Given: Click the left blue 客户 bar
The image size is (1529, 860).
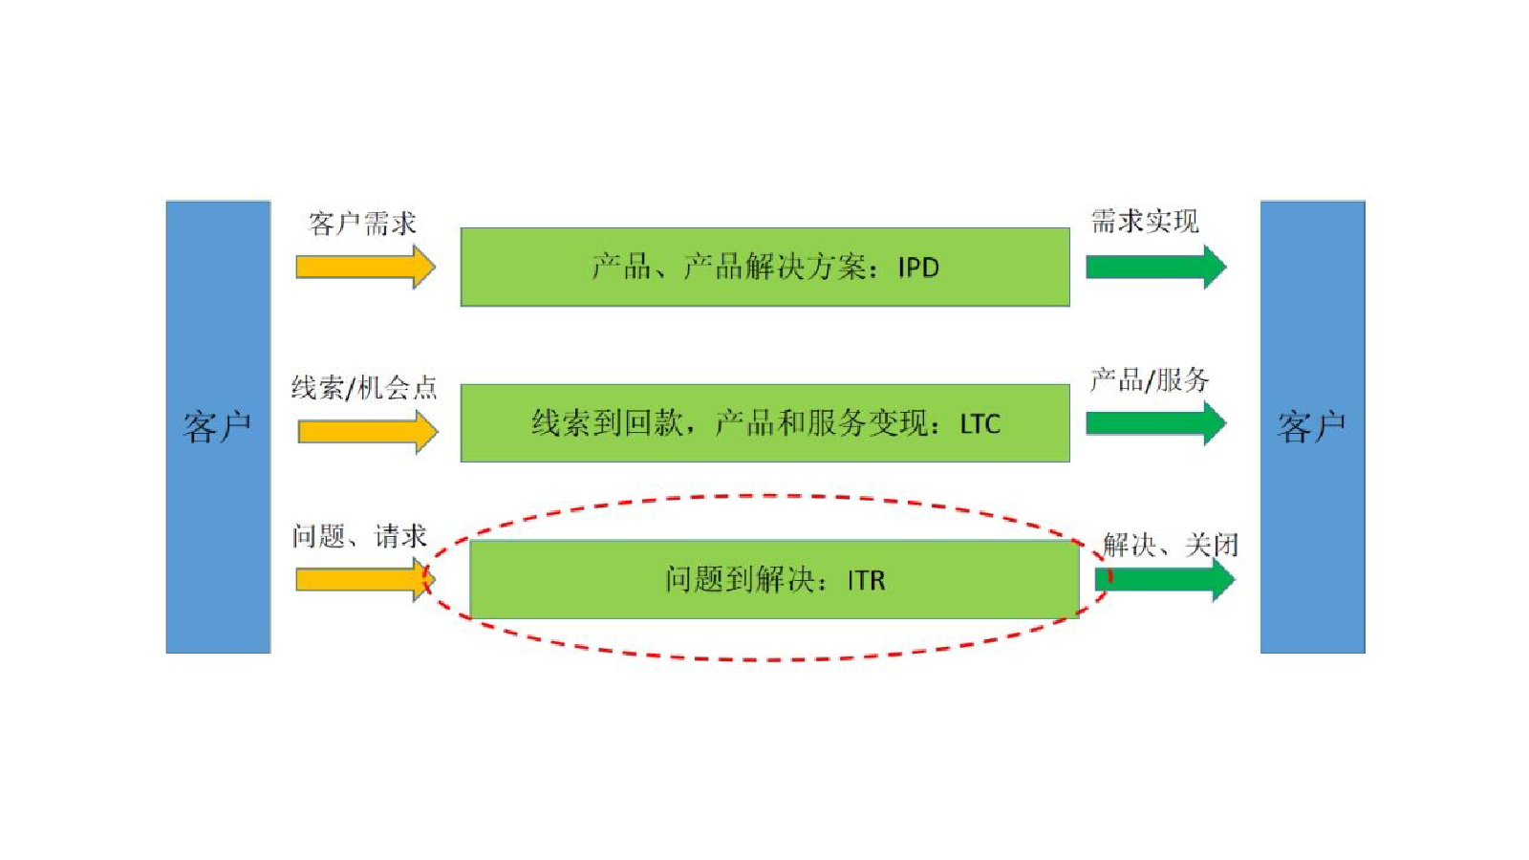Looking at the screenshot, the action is pos(219,426).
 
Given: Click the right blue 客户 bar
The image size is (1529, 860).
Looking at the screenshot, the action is pos(1313,426).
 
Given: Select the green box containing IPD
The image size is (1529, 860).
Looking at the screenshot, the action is pos(765,267).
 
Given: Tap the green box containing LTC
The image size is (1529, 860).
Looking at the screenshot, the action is pos(765,423).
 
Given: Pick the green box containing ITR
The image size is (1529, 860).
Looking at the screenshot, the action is pos(775,579).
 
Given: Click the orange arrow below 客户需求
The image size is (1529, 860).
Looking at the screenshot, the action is pos(366,267).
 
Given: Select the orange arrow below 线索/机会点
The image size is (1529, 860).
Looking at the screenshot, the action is pos(368,431).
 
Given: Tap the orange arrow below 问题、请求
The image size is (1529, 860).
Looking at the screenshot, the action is pos(366,579).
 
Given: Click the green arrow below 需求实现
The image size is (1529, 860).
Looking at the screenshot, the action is pos(1156,267).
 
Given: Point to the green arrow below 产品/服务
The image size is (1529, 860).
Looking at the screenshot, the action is pos(1156,423).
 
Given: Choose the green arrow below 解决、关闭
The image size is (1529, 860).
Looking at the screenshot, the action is pos(1165,579).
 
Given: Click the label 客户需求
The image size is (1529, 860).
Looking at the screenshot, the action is pos(362,224).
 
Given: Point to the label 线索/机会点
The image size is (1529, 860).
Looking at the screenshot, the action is pos(364,388).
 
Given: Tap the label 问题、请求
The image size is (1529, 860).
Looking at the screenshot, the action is pos(359,536).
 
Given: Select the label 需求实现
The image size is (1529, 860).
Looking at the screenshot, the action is pos(1145,221).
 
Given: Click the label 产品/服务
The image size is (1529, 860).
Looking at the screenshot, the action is pos(1150,380).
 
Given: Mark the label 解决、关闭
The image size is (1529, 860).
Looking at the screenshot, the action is pos(1170,546).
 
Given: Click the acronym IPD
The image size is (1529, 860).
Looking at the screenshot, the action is pos(918,268).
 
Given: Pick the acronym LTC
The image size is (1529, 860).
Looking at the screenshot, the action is pos(980,424).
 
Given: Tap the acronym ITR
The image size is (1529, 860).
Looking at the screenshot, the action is pos(866,581).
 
